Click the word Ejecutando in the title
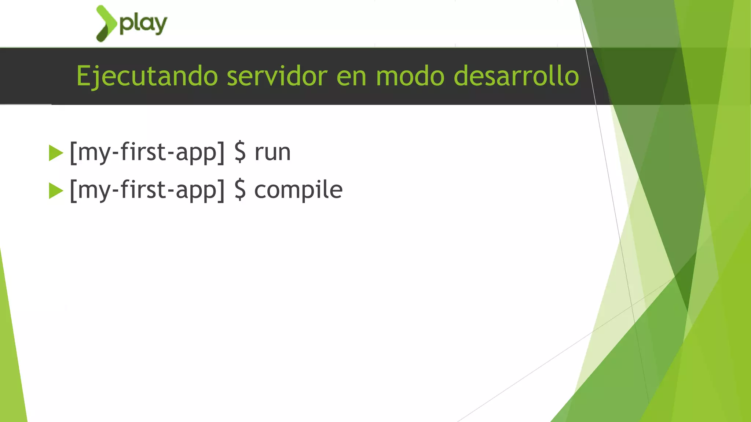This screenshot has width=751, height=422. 147,76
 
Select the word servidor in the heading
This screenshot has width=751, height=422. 277,76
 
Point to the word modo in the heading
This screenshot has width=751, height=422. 410,76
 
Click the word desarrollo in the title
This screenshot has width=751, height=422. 516,76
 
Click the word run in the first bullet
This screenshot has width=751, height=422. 272,152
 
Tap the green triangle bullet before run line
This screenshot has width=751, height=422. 55,153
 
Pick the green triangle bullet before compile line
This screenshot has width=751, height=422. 55,191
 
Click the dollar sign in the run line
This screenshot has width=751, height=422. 240,152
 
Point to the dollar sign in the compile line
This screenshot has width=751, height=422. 240,190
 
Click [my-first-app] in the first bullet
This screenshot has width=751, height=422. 147,152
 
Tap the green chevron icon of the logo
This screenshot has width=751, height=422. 106,23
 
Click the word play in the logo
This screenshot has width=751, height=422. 143,24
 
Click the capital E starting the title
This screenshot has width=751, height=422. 83,75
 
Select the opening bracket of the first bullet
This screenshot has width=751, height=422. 73,152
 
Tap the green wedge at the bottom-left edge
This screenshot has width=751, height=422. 11,366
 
